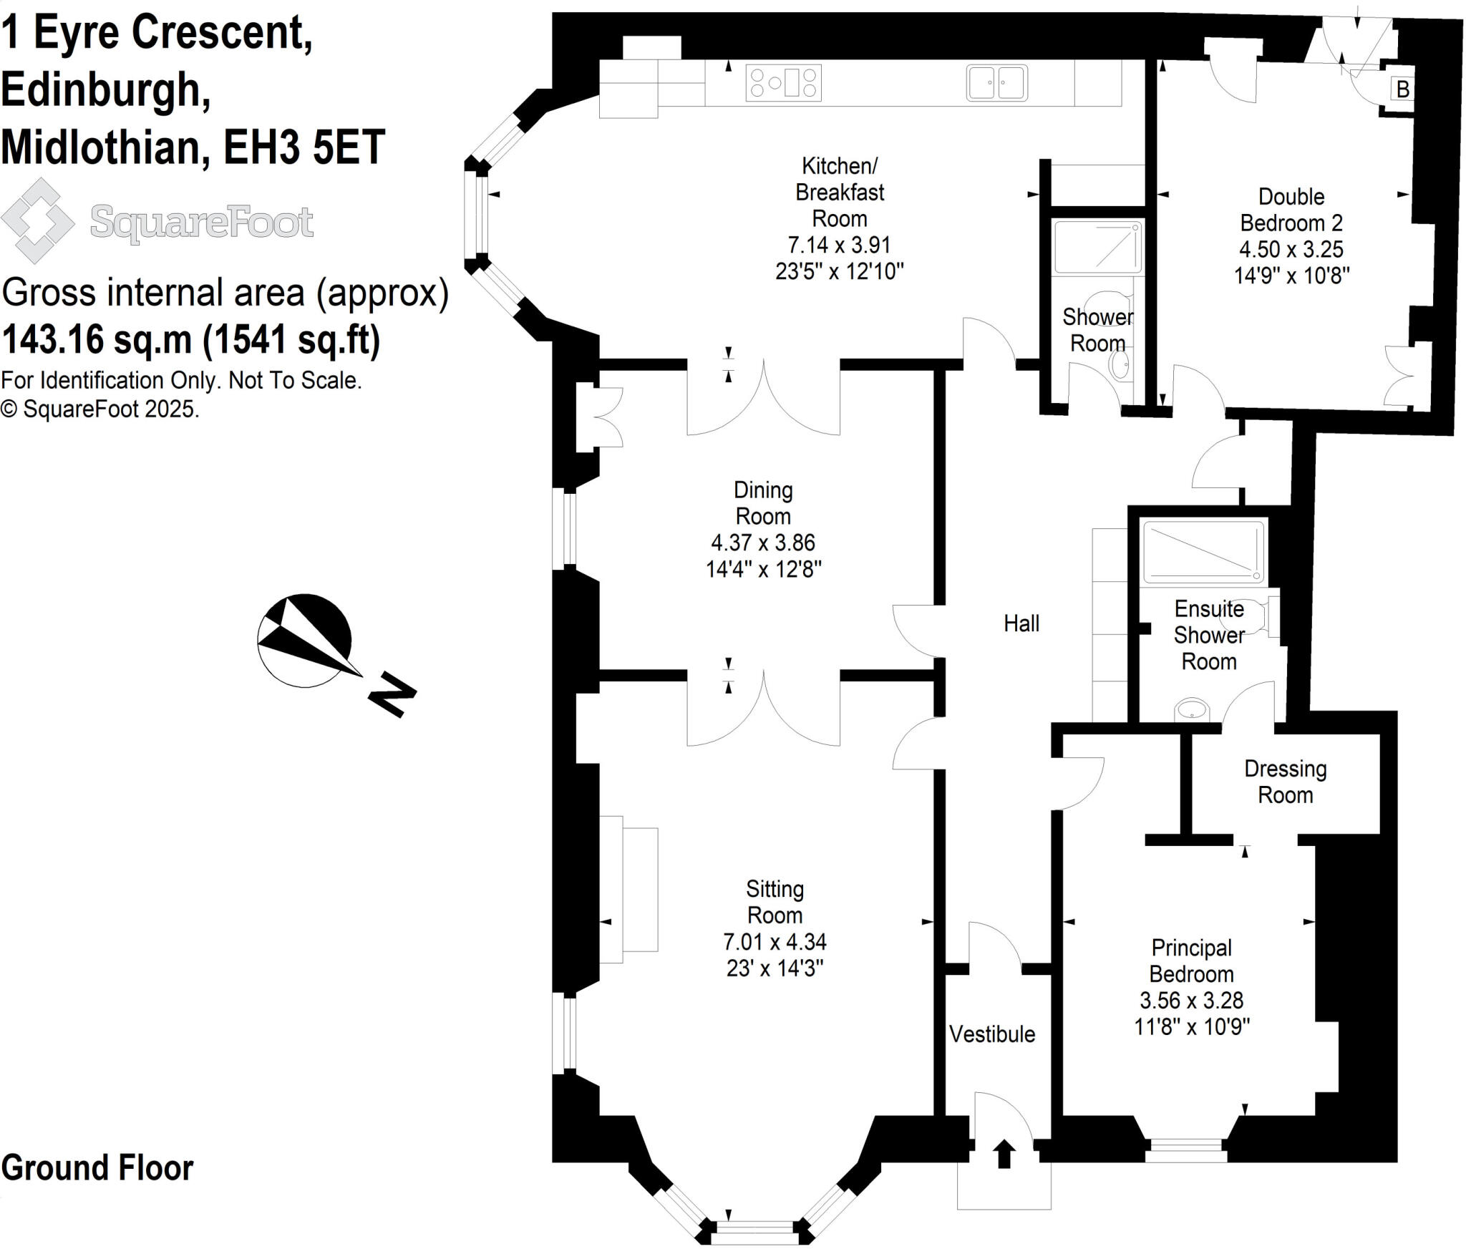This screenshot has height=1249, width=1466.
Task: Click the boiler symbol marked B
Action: tap(1402, 89)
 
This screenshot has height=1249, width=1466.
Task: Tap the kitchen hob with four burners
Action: tap(783, 82)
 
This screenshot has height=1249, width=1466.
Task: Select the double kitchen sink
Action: tap(997, 82)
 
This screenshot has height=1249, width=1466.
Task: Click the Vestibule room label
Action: tap(992, 1034)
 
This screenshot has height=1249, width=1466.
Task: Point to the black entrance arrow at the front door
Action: tap(1004, 1154)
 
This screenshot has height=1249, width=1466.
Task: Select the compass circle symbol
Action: tap(304, 641)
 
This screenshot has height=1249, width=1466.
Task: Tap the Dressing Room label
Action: tap(1285, 782)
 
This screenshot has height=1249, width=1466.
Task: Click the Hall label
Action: tap(1021, 623)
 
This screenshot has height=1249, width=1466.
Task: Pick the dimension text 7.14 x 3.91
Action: tap(839, 245)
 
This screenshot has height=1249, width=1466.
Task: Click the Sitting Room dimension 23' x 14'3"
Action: tap(775, 968)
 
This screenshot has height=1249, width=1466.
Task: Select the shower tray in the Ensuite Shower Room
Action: tap(1203, 553)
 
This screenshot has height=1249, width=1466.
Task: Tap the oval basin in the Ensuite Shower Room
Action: tap(1191, 709)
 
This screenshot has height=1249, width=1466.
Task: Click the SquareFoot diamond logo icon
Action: tap(37, 220)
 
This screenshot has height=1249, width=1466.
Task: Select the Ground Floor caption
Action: tap(97, 1167)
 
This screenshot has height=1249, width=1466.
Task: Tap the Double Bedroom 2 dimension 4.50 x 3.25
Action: tap(1291, 249)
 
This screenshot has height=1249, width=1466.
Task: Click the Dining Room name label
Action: tap(763, 503)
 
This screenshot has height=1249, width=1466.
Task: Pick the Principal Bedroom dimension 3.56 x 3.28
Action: tap(1191, 1000)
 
